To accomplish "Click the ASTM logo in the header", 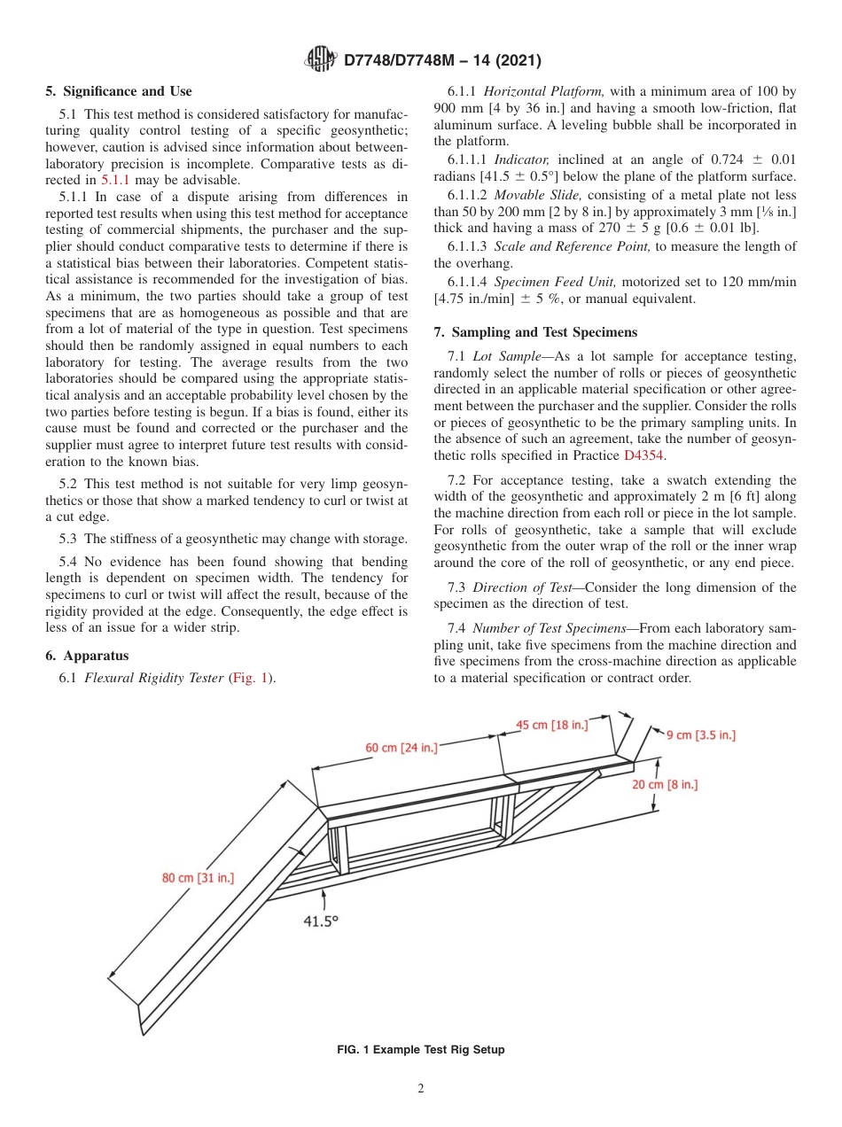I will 320,60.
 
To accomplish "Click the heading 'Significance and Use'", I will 127,91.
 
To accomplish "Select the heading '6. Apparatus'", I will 87,655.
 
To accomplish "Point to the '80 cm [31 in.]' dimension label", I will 198,878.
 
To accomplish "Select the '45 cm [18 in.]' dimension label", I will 551,725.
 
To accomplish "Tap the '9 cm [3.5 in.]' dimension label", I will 700,734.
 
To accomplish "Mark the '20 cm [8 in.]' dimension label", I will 665,784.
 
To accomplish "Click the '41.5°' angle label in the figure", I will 321,921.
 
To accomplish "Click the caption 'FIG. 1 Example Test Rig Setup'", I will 420,1050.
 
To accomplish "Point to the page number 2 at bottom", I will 421,1089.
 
